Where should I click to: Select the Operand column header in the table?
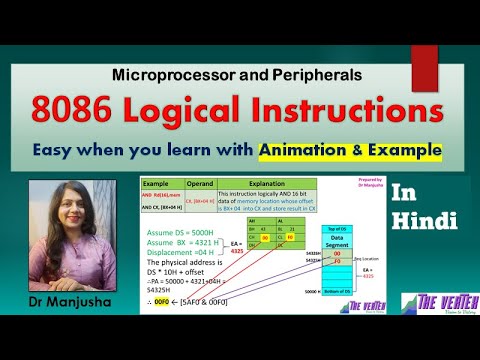tap(199, 185)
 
